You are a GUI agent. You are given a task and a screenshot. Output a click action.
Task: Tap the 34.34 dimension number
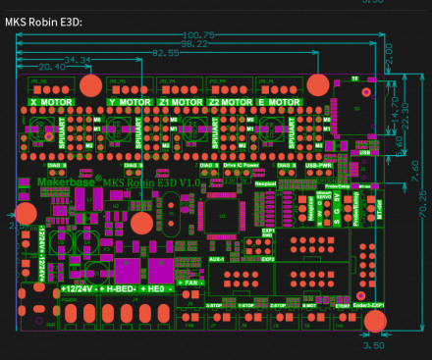pos(77,61)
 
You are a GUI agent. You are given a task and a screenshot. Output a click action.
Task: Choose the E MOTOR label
pos(278,101)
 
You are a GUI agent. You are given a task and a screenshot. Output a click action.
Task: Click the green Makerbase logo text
pos(68,181)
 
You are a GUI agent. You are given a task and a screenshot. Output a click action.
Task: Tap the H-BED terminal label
pos(122,289)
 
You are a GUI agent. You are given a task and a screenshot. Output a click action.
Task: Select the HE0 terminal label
pos(157,289)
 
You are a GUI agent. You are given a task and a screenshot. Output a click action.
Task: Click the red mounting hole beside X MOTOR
pos(89,84)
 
